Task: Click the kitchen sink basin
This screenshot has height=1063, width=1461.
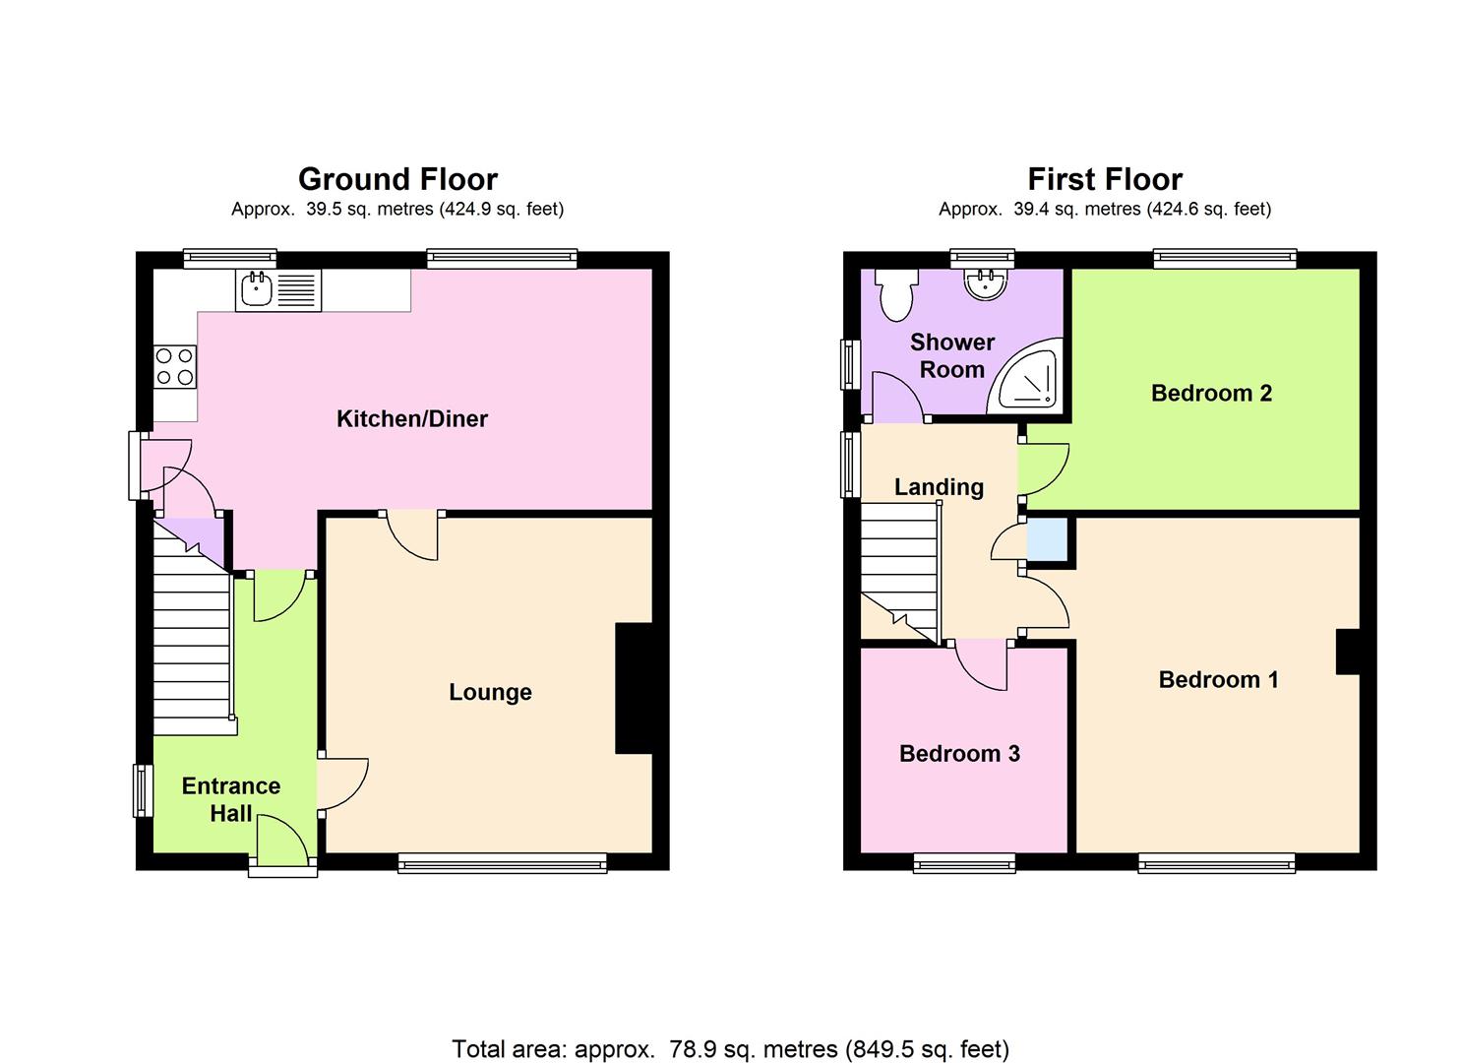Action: tap(257, 288)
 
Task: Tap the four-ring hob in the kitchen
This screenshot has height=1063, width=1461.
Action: tap(175, 366)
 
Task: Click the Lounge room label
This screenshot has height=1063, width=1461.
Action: tap(490, 692)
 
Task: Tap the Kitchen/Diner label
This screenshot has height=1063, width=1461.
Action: tap(411, 419)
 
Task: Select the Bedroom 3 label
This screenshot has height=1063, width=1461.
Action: tap(959, 754)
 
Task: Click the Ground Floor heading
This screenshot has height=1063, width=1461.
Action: tap(397, 179)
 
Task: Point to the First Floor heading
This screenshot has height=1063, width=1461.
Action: tap(1105, 179)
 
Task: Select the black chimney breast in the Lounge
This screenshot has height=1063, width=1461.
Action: tap(635, 689)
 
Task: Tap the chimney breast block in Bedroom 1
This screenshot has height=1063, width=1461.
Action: tap(1348, 652)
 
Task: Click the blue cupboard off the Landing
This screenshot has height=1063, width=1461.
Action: tap(1048, 539)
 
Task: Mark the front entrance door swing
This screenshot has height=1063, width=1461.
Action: tap(282, 840)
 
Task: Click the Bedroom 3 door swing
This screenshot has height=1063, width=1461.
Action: tap(981, 665)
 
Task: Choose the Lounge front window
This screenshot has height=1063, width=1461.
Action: tap(502, 864)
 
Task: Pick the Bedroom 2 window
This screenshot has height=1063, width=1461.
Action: tap(1225, 259)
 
